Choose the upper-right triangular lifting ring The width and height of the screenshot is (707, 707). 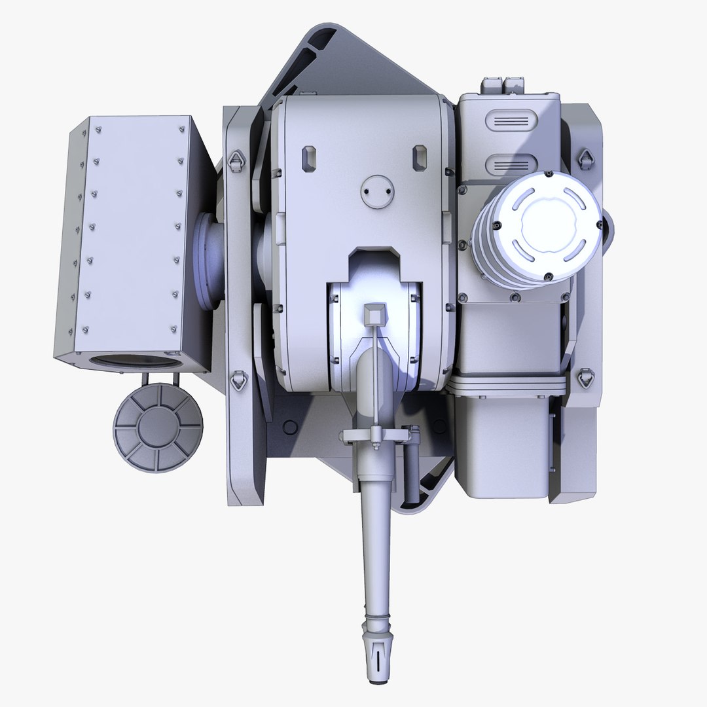pyautogui.click(x=586, y=158)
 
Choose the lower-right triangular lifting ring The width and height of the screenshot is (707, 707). pyautogui.click(x=585, y=378)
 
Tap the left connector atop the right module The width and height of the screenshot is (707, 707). pyautogui.click(x=490, y=84)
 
